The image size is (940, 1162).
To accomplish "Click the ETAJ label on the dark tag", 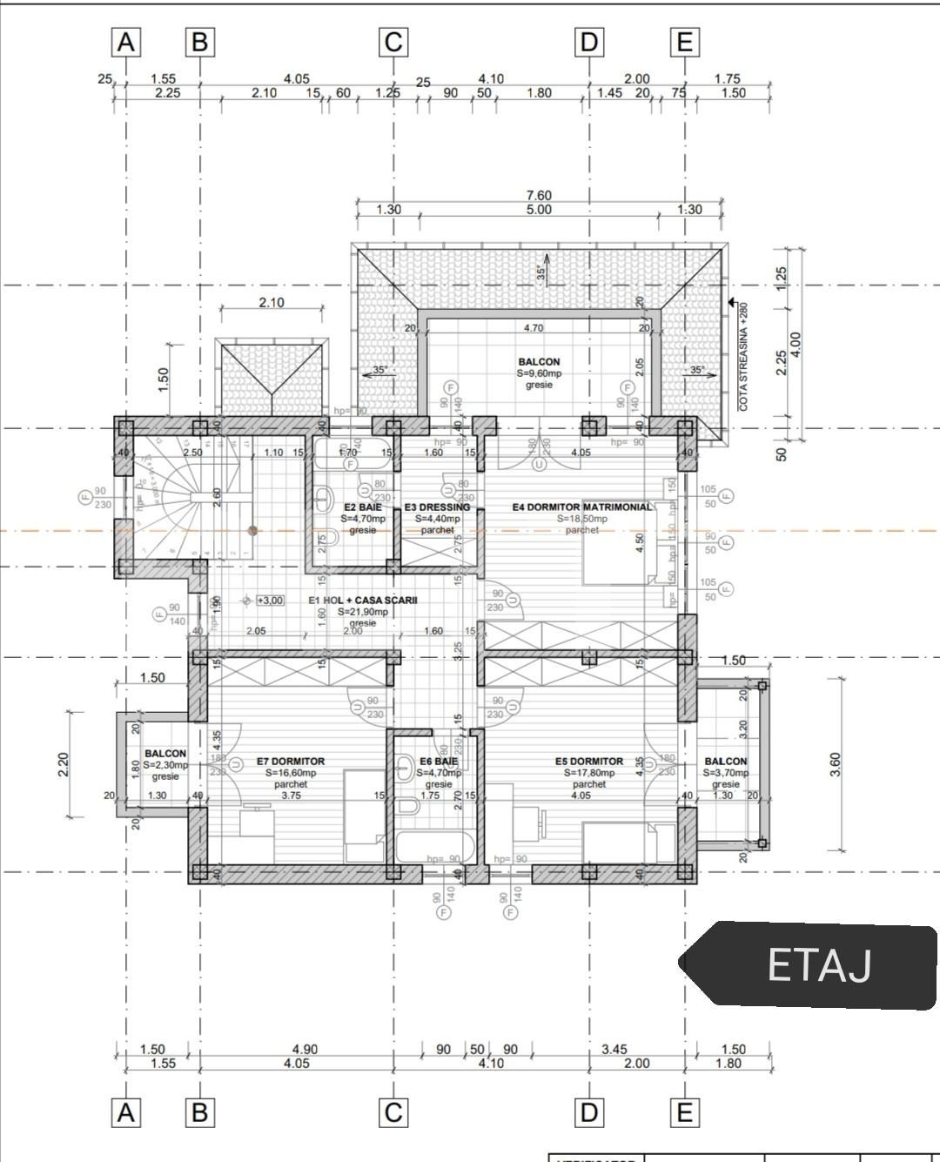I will pyautogui.click(x=818, y=965).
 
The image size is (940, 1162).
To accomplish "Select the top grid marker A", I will pyautogui.click(x=126, y=42).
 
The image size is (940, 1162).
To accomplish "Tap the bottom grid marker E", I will pyautogui.click(x=685, y=1112).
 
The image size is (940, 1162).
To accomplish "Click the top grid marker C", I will pyautogui.click(x=393, y=42).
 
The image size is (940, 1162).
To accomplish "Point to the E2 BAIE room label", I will pyautogui.click(x=362, y=507).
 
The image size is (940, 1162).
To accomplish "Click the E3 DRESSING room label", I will pyautogui.click(x=437, y=507).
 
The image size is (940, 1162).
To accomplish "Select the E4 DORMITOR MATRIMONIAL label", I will pyautogui.click(x=581, y=507).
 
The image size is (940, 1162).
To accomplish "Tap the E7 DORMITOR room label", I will pyautogui.click(x=291, y=762).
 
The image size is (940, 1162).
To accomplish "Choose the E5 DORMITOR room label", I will pyautogui.click(x=589, y=762).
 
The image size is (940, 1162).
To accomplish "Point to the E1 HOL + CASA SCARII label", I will pyautogui.click(x=363, y=601).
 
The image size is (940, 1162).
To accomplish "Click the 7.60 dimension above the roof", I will pyautogui.click(x=539, y=196).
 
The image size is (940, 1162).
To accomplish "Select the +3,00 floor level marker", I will pyautogui.click(x=270, y=601).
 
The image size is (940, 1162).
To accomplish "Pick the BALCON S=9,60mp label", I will pyautogui.click(x=539, y=362).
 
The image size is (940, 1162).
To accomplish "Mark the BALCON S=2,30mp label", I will pyautogui.click(x=165, y=754).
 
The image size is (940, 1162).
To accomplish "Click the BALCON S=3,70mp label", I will pyautogui.click(x=725, y=762).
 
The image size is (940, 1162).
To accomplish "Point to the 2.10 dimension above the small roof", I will pyautogui.click(x=271, y=303).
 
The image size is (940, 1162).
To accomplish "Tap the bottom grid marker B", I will pyautogui.click(x=200, y=1112).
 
